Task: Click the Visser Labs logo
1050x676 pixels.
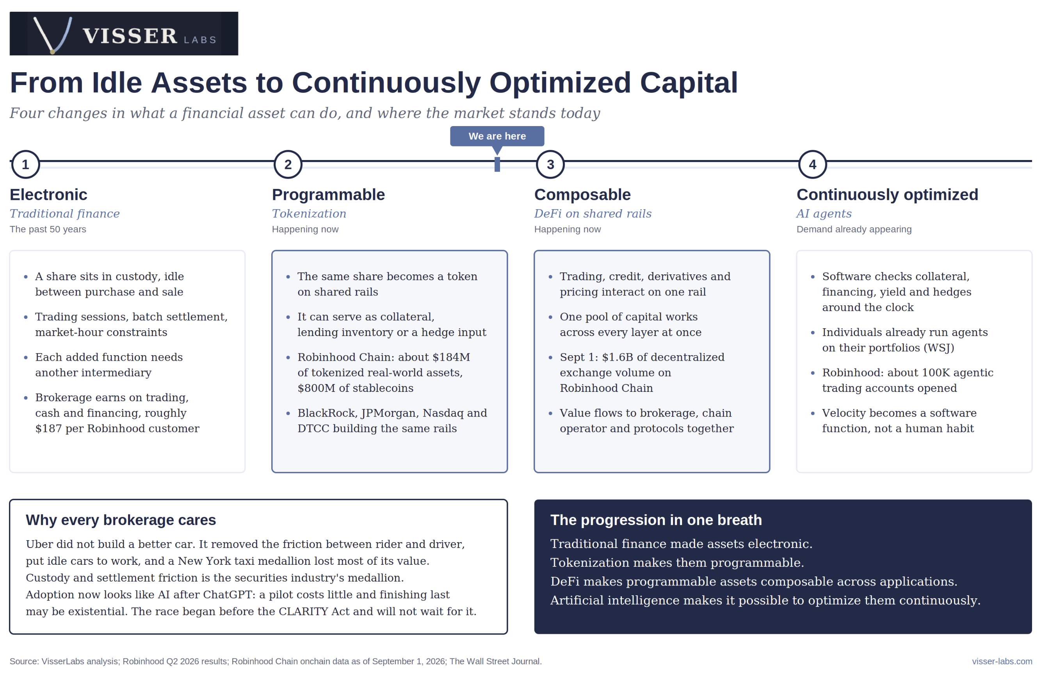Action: [x=124, y=33]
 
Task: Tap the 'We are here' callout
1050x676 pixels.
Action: [x=497, y=136]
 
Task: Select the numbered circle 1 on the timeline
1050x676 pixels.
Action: [x=25, y=165]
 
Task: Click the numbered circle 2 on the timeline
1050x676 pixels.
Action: [x=288, y=165]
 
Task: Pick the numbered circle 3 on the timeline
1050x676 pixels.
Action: [x=550, y=165]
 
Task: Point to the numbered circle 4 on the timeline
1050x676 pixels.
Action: [x=813, y=165]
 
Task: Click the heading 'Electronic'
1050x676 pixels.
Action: [x=48, y=194]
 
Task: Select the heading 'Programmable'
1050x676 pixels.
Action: [x=328, y=194]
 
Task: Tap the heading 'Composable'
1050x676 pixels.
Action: [x=582, y=194]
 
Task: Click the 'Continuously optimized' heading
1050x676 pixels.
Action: [x=888, y=194]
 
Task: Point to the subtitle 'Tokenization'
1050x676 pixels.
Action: [x=309, y=214]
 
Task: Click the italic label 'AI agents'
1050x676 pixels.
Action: [x=824, y=214]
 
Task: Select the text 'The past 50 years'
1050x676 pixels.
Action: [x=48, y=229]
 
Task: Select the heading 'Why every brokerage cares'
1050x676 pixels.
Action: [x=121, y=520]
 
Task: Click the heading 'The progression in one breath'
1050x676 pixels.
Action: [x=656, y=520]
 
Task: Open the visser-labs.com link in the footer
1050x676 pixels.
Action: [x=1002, y=662]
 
